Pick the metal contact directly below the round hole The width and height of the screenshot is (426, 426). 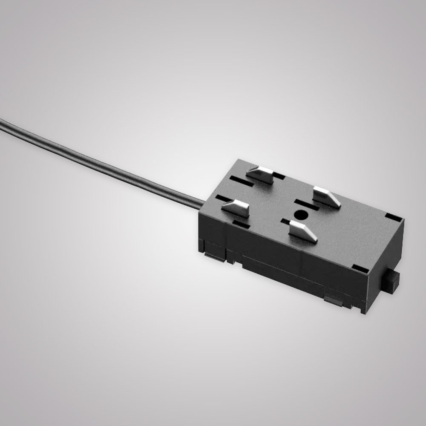pos(303,231)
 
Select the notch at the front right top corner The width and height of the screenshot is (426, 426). pos(360,269)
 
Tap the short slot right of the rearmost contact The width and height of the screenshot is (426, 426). pos(278,175)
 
